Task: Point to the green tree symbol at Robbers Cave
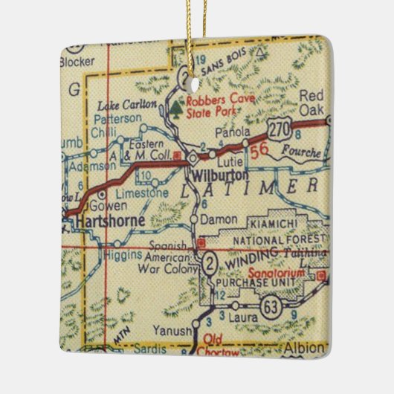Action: coord(176,110)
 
